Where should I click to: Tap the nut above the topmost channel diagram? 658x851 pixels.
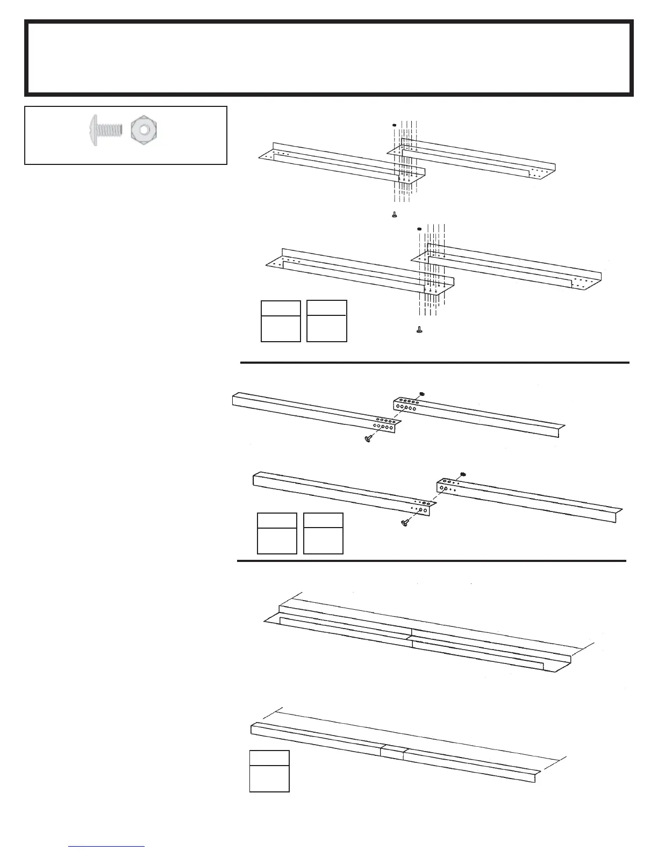pyautogui.click(x=395, y=125)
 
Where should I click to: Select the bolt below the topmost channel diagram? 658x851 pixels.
pyautogui.click(x=395, y=215)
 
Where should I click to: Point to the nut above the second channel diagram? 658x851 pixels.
pyautogui.click(x=419, y=229)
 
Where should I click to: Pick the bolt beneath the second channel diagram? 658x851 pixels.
pyautogui.click(x=419, y=329)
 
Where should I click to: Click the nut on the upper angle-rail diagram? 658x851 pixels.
pyautogui.click(x=422, y=394)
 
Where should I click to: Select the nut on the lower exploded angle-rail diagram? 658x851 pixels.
pyautogui.click(x=463, y=473)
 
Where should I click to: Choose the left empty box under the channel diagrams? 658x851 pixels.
pyautogui.click(x=280, y=321)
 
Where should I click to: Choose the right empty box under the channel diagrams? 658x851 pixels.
pyautogui.click(x=326, y=321)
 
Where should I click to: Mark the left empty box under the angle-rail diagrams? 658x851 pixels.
pyautogui.click(x=277, y=533)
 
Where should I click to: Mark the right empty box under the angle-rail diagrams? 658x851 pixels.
pyautogui.click(x=323, y=533)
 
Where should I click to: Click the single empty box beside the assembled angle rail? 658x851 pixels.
pyautogui.click(x=269, y=771)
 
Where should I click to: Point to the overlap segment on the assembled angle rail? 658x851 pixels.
pyautogui.click(x=392, y=752)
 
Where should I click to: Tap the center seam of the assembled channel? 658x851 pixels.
pyautogui.click(x=411, y=637)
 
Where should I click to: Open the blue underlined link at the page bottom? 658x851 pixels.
pyautogui.click(x=107, y=846)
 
